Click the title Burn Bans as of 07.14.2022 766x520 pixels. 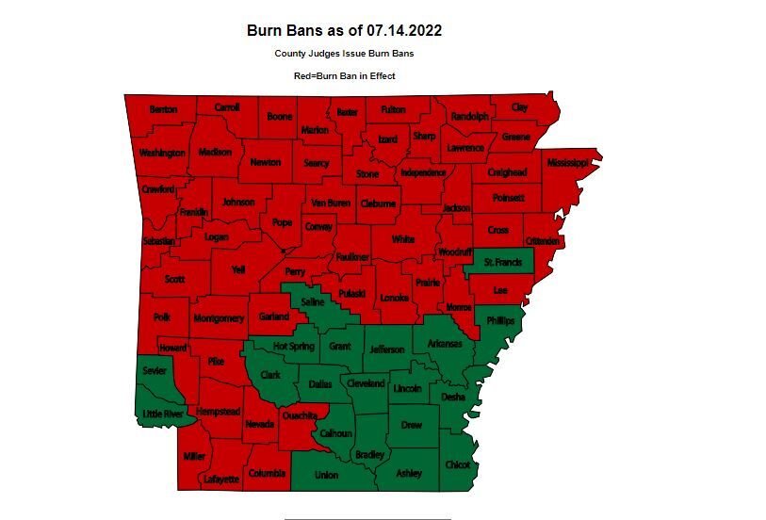pos(344,30)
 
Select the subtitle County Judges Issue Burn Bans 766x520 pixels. pos(344,54)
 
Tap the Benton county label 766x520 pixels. pos(163,110)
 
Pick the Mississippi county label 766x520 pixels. pos(567,162)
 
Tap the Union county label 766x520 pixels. pos(326,475)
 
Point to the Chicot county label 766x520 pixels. pos(457,464)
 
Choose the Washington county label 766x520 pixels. pos(162,153)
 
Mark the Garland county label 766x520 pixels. pos(274,317)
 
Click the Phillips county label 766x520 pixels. pos(501,321)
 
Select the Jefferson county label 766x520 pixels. pos(385,349)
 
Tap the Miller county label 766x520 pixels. pos(194,456)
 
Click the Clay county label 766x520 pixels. pos(519,107)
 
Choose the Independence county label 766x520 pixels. pos(423,173)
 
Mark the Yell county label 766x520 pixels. pos(238,269)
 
